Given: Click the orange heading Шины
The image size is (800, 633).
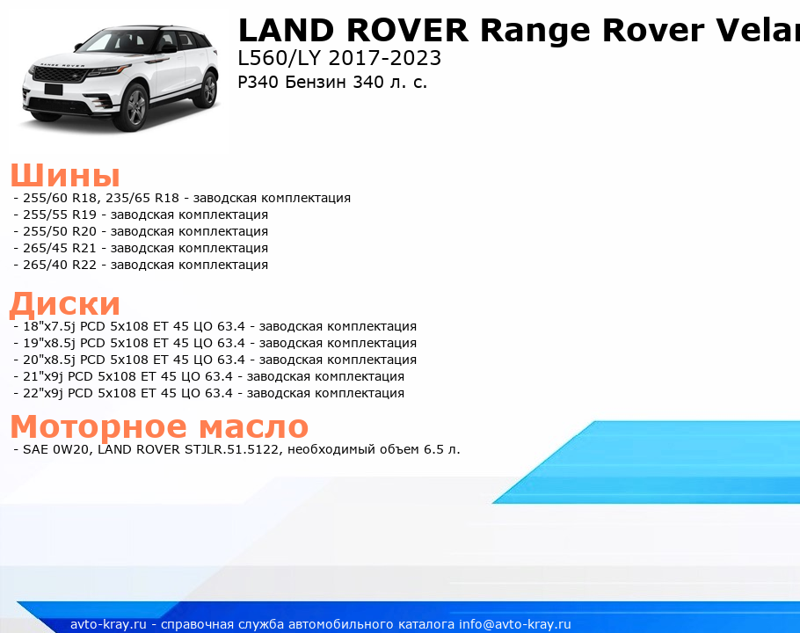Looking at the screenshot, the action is (65, 175).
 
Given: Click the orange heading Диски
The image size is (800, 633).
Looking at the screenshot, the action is (65, 303).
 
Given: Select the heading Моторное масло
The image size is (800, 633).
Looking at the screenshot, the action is (159, 426).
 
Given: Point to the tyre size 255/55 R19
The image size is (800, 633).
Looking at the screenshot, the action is (60, 215).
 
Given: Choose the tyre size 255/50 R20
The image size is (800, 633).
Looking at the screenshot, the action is (60, 231).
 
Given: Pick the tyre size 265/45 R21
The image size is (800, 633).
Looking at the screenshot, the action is (60, 249).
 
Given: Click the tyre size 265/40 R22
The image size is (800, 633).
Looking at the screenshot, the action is (60, 266).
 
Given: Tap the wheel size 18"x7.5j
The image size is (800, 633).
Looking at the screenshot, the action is (49, 326).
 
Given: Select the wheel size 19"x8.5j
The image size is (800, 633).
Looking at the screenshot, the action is (49, 343).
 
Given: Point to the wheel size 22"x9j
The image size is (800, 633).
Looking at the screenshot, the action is (43, 394).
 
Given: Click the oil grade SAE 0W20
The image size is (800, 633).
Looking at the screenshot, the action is (56, 450).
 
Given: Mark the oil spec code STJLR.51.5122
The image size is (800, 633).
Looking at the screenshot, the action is (231, 450).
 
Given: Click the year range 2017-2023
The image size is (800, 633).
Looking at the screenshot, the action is (385, 58).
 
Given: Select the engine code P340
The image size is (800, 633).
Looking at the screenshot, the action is (258, 82).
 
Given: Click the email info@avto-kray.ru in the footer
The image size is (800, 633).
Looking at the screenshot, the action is (515, 624).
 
